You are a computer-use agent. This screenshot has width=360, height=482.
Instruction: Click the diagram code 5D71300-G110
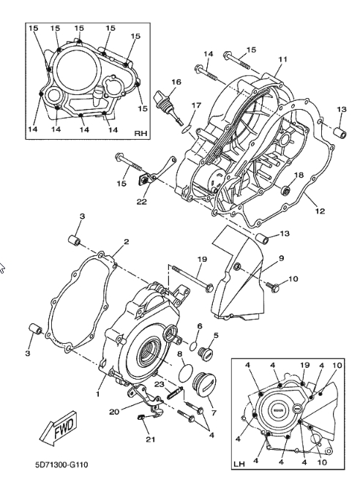61,464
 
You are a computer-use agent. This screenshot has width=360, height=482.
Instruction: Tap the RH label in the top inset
140,133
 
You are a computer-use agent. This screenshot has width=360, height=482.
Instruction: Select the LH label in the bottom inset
239,464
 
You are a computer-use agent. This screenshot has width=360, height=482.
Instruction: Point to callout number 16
176,82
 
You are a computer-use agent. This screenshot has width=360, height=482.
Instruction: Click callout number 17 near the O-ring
196,105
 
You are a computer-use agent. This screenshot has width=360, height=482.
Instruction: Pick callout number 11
282,59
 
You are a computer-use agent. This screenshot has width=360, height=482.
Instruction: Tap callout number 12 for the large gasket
320,211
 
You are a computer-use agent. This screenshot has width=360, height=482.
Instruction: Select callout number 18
299,175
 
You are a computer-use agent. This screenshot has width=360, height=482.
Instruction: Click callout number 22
142,202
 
